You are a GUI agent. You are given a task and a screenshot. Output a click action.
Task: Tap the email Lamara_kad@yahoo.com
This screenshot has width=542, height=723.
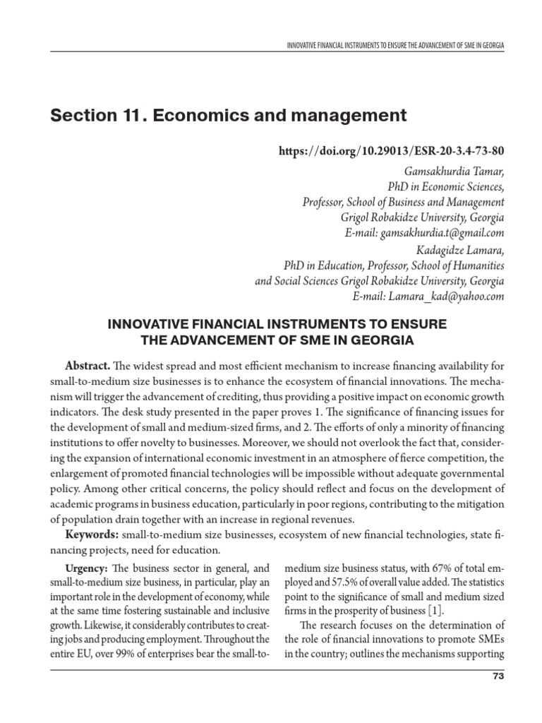pyautogui.click(x=446, y=297)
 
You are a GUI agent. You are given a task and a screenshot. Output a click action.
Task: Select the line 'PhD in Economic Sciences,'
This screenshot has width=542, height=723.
pyautogui.click(x=446, y=186)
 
